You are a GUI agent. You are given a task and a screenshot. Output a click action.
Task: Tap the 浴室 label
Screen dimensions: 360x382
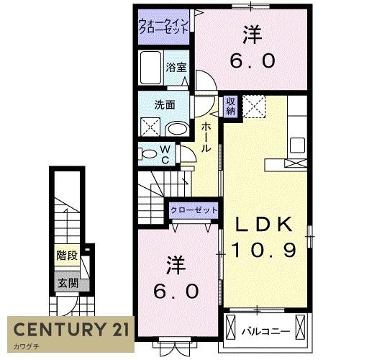coord(176,68)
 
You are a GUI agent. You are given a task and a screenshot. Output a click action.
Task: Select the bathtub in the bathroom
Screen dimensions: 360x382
coord(152,69)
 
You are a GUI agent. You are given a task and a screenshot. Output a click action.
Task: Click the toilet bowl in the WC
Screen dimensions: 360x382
coord(149,154)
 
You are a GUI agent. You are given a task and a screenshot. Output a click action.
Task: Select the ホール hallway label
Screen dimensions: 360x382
coord(206,136)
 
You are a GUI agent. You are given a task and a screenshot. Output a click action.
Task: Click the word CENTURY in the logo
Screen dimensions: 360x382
coord(55,331)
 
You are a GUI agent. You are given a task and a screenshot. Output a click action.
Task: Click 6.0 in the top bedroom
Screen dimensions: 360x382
coord(253,61)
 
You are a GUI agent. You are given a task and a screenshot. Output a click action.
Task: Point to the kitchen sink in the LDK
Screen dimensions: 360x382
coord(297,144)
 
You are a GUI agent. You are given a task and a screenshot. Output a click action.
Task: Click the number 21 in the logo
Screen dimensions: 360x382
coord(115,331)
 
